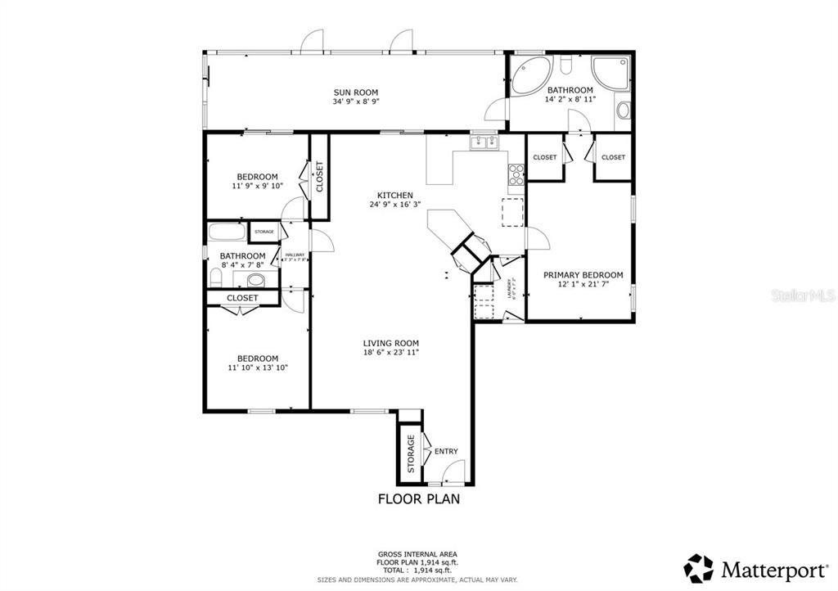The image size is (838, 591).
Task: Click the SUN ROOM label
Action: point(355,92)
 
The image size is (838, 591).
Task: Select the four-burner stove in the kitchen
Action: point(516,173)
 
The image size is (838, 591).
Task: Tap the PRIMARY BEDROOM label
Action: point(583,275)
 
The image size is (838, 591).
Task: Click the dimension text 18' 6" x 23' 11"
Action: point(391,353)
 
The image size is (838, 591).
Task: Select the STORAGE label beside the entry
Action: point(412,453)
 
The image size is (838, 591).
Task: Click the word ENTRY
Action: point(446,451)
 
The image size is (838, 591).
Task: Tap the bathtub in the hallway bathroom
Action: point(227,232)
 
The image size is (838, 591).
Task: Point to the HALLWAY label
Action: point(295,255)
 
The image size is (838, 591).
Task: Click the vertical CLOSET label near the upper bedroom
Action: point(319,177)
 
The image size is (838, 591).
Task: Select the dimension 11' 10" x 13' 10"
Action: point(258,368)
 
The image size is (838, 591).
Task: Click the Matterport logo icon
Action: point(698,567)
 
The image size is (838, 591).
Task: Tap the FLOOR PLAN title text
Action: point(418,499)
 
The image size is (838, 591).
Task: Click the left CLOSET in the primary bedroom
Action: point(544,157)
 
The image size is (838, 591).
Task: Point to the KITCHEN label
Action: point(389,195)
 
